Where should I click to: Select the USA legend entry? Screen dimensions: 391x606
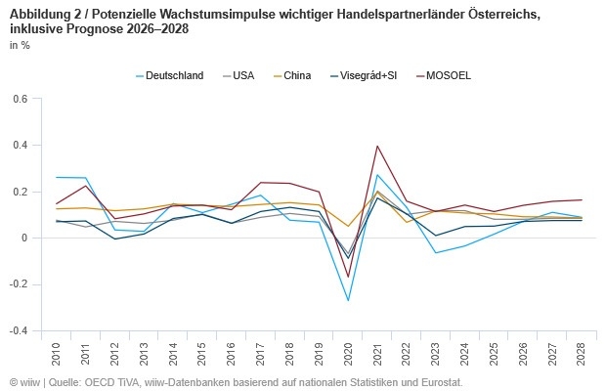243,75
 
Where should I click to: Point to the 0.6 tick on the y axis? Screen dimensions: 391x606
20,99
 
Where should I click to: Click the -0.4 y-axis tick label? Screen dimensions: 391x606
18,331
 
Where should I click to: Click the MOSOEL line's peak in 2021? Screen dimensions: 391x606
377,147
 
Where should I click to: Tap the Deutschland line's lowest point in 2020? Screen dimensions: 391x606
349,300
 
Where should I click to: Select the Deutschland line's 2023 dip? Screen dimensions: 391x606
436,253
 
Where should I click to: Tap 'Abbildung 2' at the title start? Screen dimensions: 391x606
44,13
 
